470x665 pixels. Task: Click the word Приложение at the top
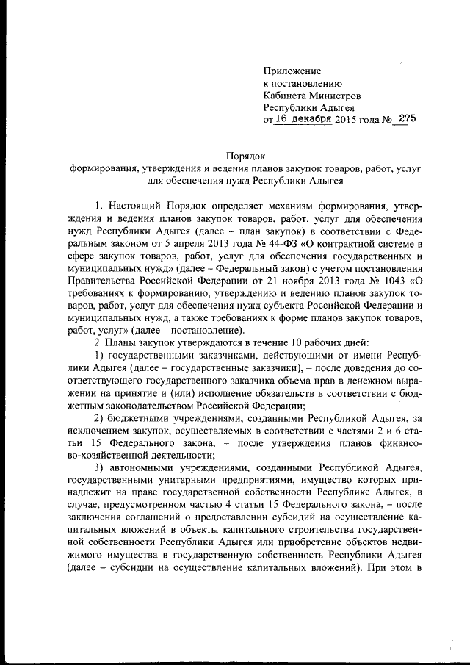click(x=292, y=71)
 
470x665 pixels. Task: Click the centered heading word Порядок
click(x=244, y=155)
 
